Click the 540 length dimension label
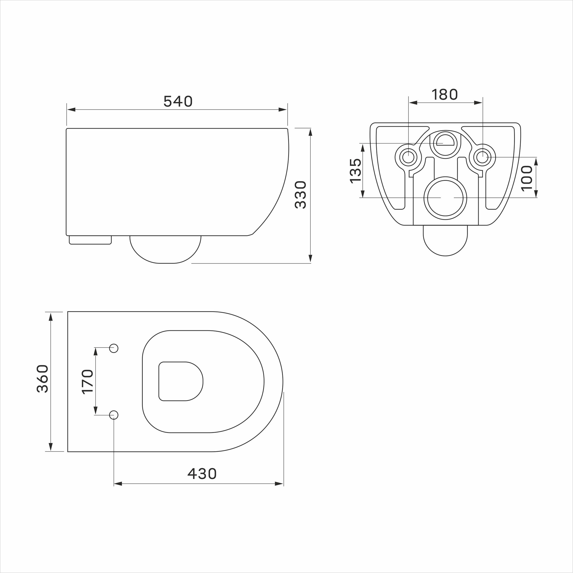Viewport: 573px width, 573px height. click(x=178, y=101)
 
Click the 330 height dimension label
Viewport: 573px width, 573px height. click(x=301, y=195)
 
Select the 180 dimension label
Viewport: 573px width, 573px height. click(x=445, y=95)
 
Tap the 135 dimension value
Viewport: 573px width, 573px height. click(x=356, y=171)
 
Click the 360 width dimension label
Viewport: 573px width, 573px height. click(x=42, y=379)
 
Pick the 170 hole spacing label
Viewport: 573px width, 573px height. click(x=87, y=382)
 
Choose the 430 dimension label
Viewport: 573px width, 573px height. click(x=202, y=474)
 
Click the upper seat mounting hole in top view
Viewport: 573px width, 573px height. click(x=114, y=348)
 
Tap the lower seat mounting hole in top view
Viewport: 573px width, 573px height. click(x=114, y=415)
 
